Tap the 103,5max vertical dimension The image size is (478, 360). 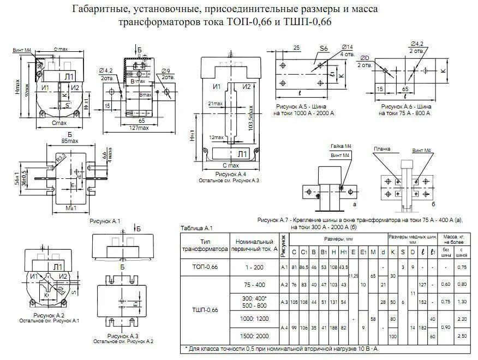pos(250,117)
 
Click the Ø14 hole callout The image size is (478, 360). pos(347,47)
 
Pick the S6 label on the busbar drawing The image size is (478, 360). pos(324,49)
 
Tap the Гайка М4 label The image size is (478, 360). pos(339,147)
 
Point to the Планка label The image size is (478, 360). pos(382,148)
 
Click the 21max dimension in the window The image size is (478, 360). pos(216,103)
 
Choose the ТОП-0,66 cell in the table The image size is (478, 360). pos(205,267)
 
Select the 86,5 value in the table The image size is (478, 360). pos(304,267)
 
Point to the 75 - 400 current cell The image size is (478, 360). pos(253,284)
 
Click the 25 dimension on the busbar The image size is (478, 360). pos(297,49)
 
